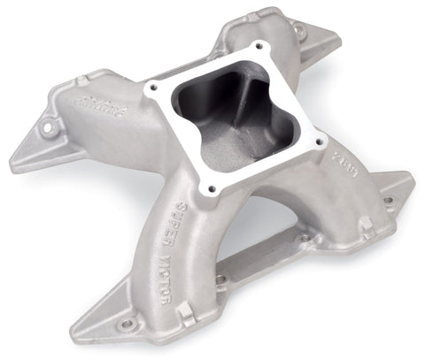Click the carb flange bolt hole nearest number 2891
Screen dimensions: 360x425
coord(316,142)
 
